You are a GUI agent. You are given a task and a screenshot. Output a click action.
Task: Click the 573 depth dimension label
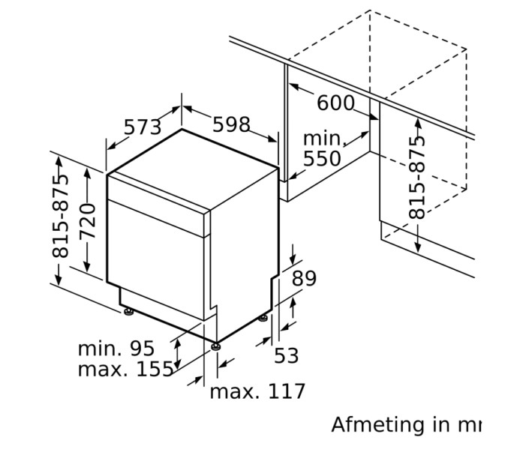(143, 127)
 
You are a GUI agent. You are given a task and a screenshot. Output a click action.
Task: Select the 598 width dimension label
(230, 124)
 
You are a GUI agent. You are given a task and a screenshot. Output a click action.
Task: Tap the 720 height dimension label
(89, 221)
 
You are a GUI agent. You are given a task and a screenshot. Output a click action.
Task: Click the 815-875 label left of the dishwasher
(61, 216)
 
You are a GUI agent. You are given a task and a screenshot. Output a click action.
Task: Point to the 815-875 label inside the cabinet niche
(417, 177)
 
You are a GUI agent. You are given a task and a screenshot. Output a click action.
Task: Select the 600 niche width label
(335, 103)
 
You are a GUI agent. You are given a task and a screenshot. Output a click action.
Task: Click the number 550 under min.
(322, 158)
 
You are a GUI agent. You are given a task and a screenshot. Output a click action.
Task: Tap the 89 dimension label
(304, 279)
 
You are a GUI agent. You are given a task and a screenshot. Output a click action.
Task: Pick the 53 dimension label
(286, 355)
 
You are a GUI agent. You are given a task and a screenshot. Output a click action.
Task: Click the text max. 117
(257, 391)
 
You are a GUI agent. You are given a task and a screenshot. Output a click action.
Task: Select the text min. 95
(116, 349)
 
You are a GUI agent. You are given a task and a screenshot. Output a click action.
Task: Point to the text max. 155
(125, 370)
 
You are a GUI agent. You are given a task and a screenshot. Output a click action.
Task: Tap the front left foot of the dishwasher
(128, 310)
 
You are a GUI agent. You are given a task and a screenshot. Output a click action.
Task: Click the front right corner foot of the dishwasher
(217, 346)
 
